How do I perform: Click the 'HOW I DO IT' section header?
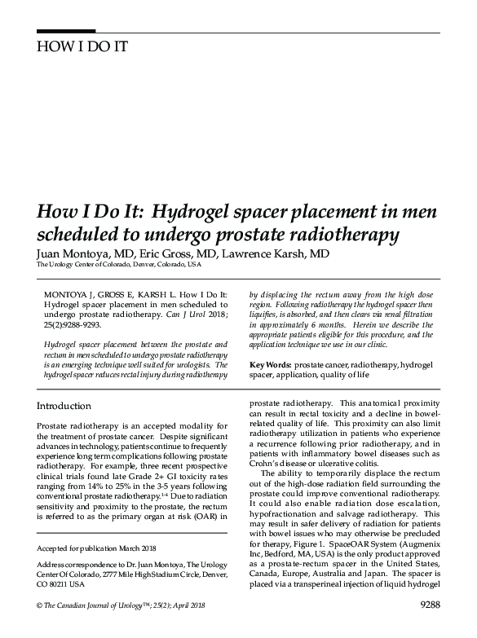pos(82,45)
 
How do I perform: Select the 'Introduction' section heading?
pos(64,406)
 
